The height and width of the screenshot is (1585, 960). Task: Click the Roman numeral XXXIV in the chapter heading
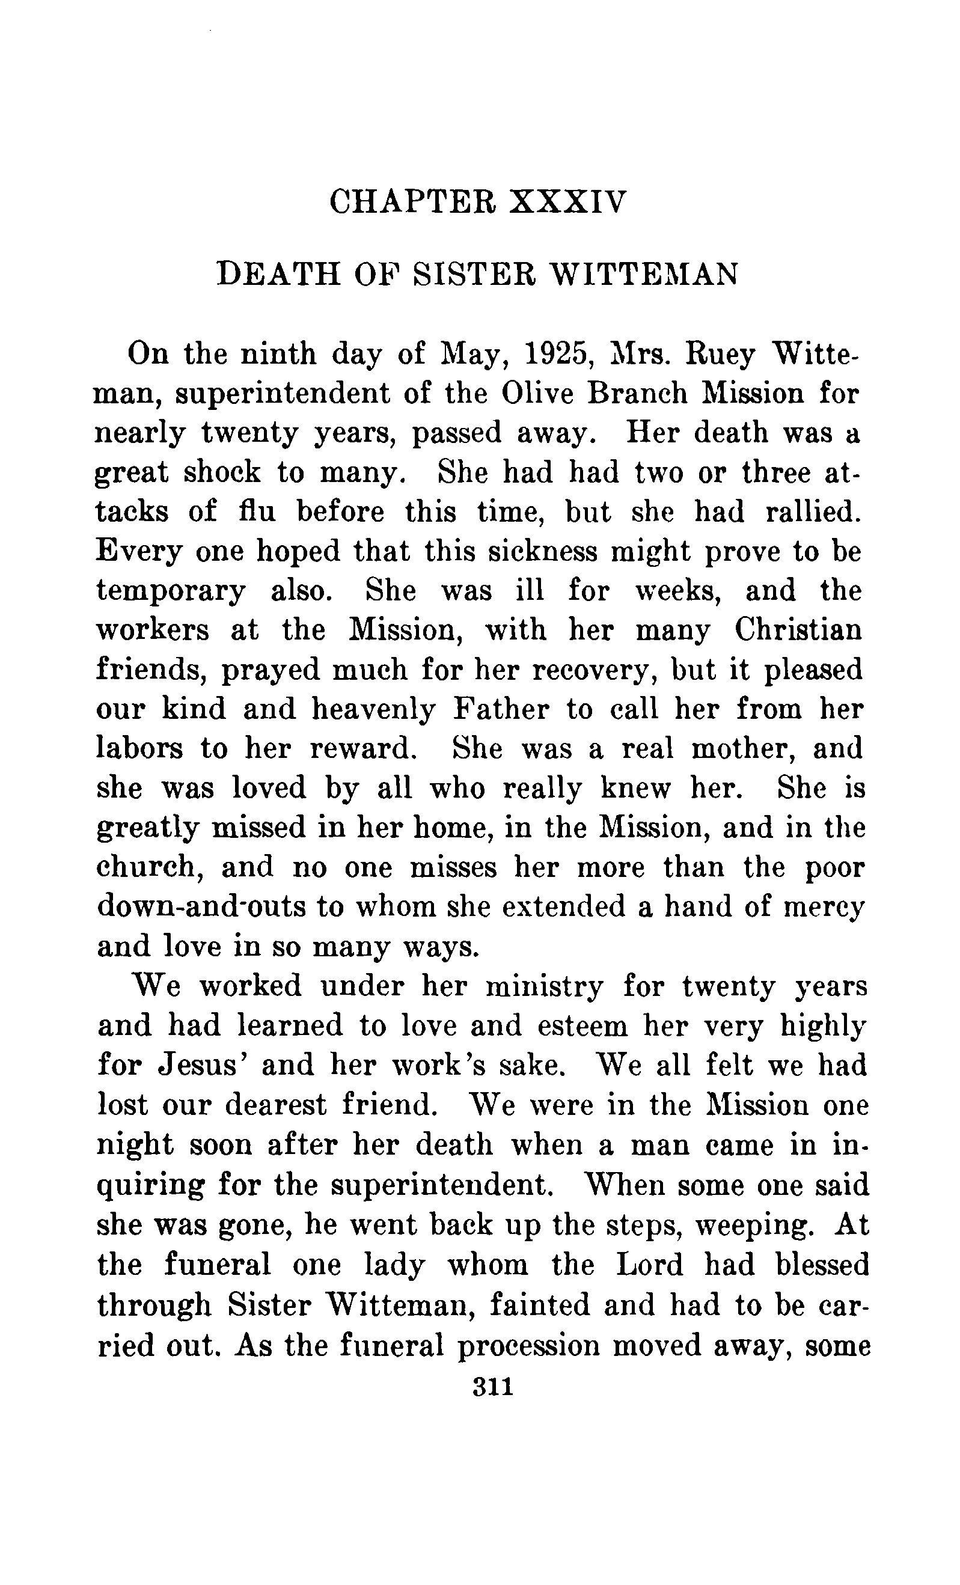pos(567,202)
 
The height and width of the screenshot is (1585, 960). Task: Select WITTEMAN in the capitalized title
pos(645,275)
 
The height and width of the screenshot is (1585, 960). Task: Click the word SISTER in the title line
pos(475,275)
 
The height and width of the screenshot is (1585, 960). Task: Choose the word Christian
pos(798,630)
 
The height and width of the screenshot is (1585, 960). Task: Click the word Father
pos(501,709)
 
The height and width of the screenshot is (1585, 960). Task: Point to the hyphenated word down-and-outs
pos(201,907)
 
